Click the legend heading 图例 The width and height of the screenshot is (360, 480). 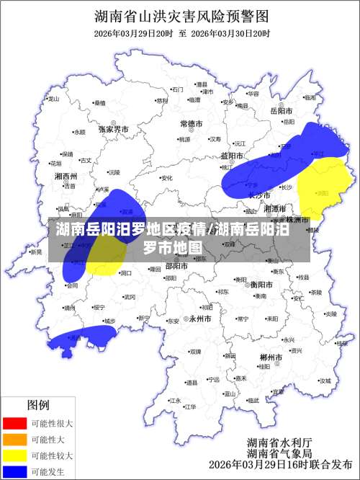tap(38, 405)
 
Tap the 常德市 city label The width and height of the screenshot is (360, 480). tap(193, 124)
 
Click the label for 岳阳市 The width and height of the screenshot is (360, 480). tap(281, 112)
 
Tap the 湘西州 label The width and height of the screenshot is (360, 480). tap(66, 176)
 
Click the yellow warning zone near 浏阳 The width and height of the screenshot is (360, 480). tap(324, 189)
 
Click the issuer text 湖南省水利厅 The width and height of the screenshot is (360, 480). tap(279, 442)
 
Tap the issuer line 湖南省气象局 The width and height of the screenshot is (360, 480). tap(279, 454)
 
